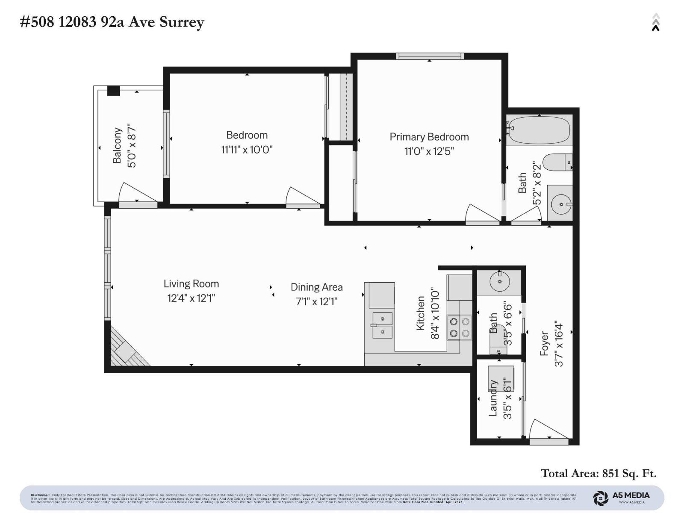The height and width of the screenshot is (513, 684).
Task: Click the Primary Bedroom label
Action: point(429,137)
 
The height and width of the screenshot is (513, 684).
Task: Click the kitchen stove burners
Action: point(460,327)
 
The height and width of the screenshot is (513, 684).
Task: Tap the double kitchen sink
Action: point(382,325)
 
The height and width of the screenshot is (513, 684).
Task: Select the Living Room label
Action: point(191,284)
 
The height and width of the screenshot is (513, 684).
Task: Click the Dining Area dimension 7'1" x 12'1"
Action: point(316,302)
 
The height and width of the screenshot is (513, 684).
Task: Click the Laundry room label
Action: point(493,398)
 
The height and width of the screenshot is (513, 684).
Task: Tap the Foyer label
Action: point(544,343)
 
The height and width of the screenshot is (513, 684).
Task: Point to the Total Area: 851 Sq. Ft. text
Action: point(598,473)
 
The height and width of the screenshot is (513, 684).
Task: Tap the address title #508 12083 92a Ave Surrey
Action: point(112,22)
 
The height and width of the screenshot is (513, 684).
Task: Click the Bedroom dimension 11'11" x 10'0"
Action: point(247,150)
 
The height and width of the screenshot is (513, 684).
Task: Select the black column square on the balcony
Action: point(113,91)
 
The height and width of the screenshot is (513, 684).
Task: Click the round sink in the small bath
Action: point(499,282)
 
